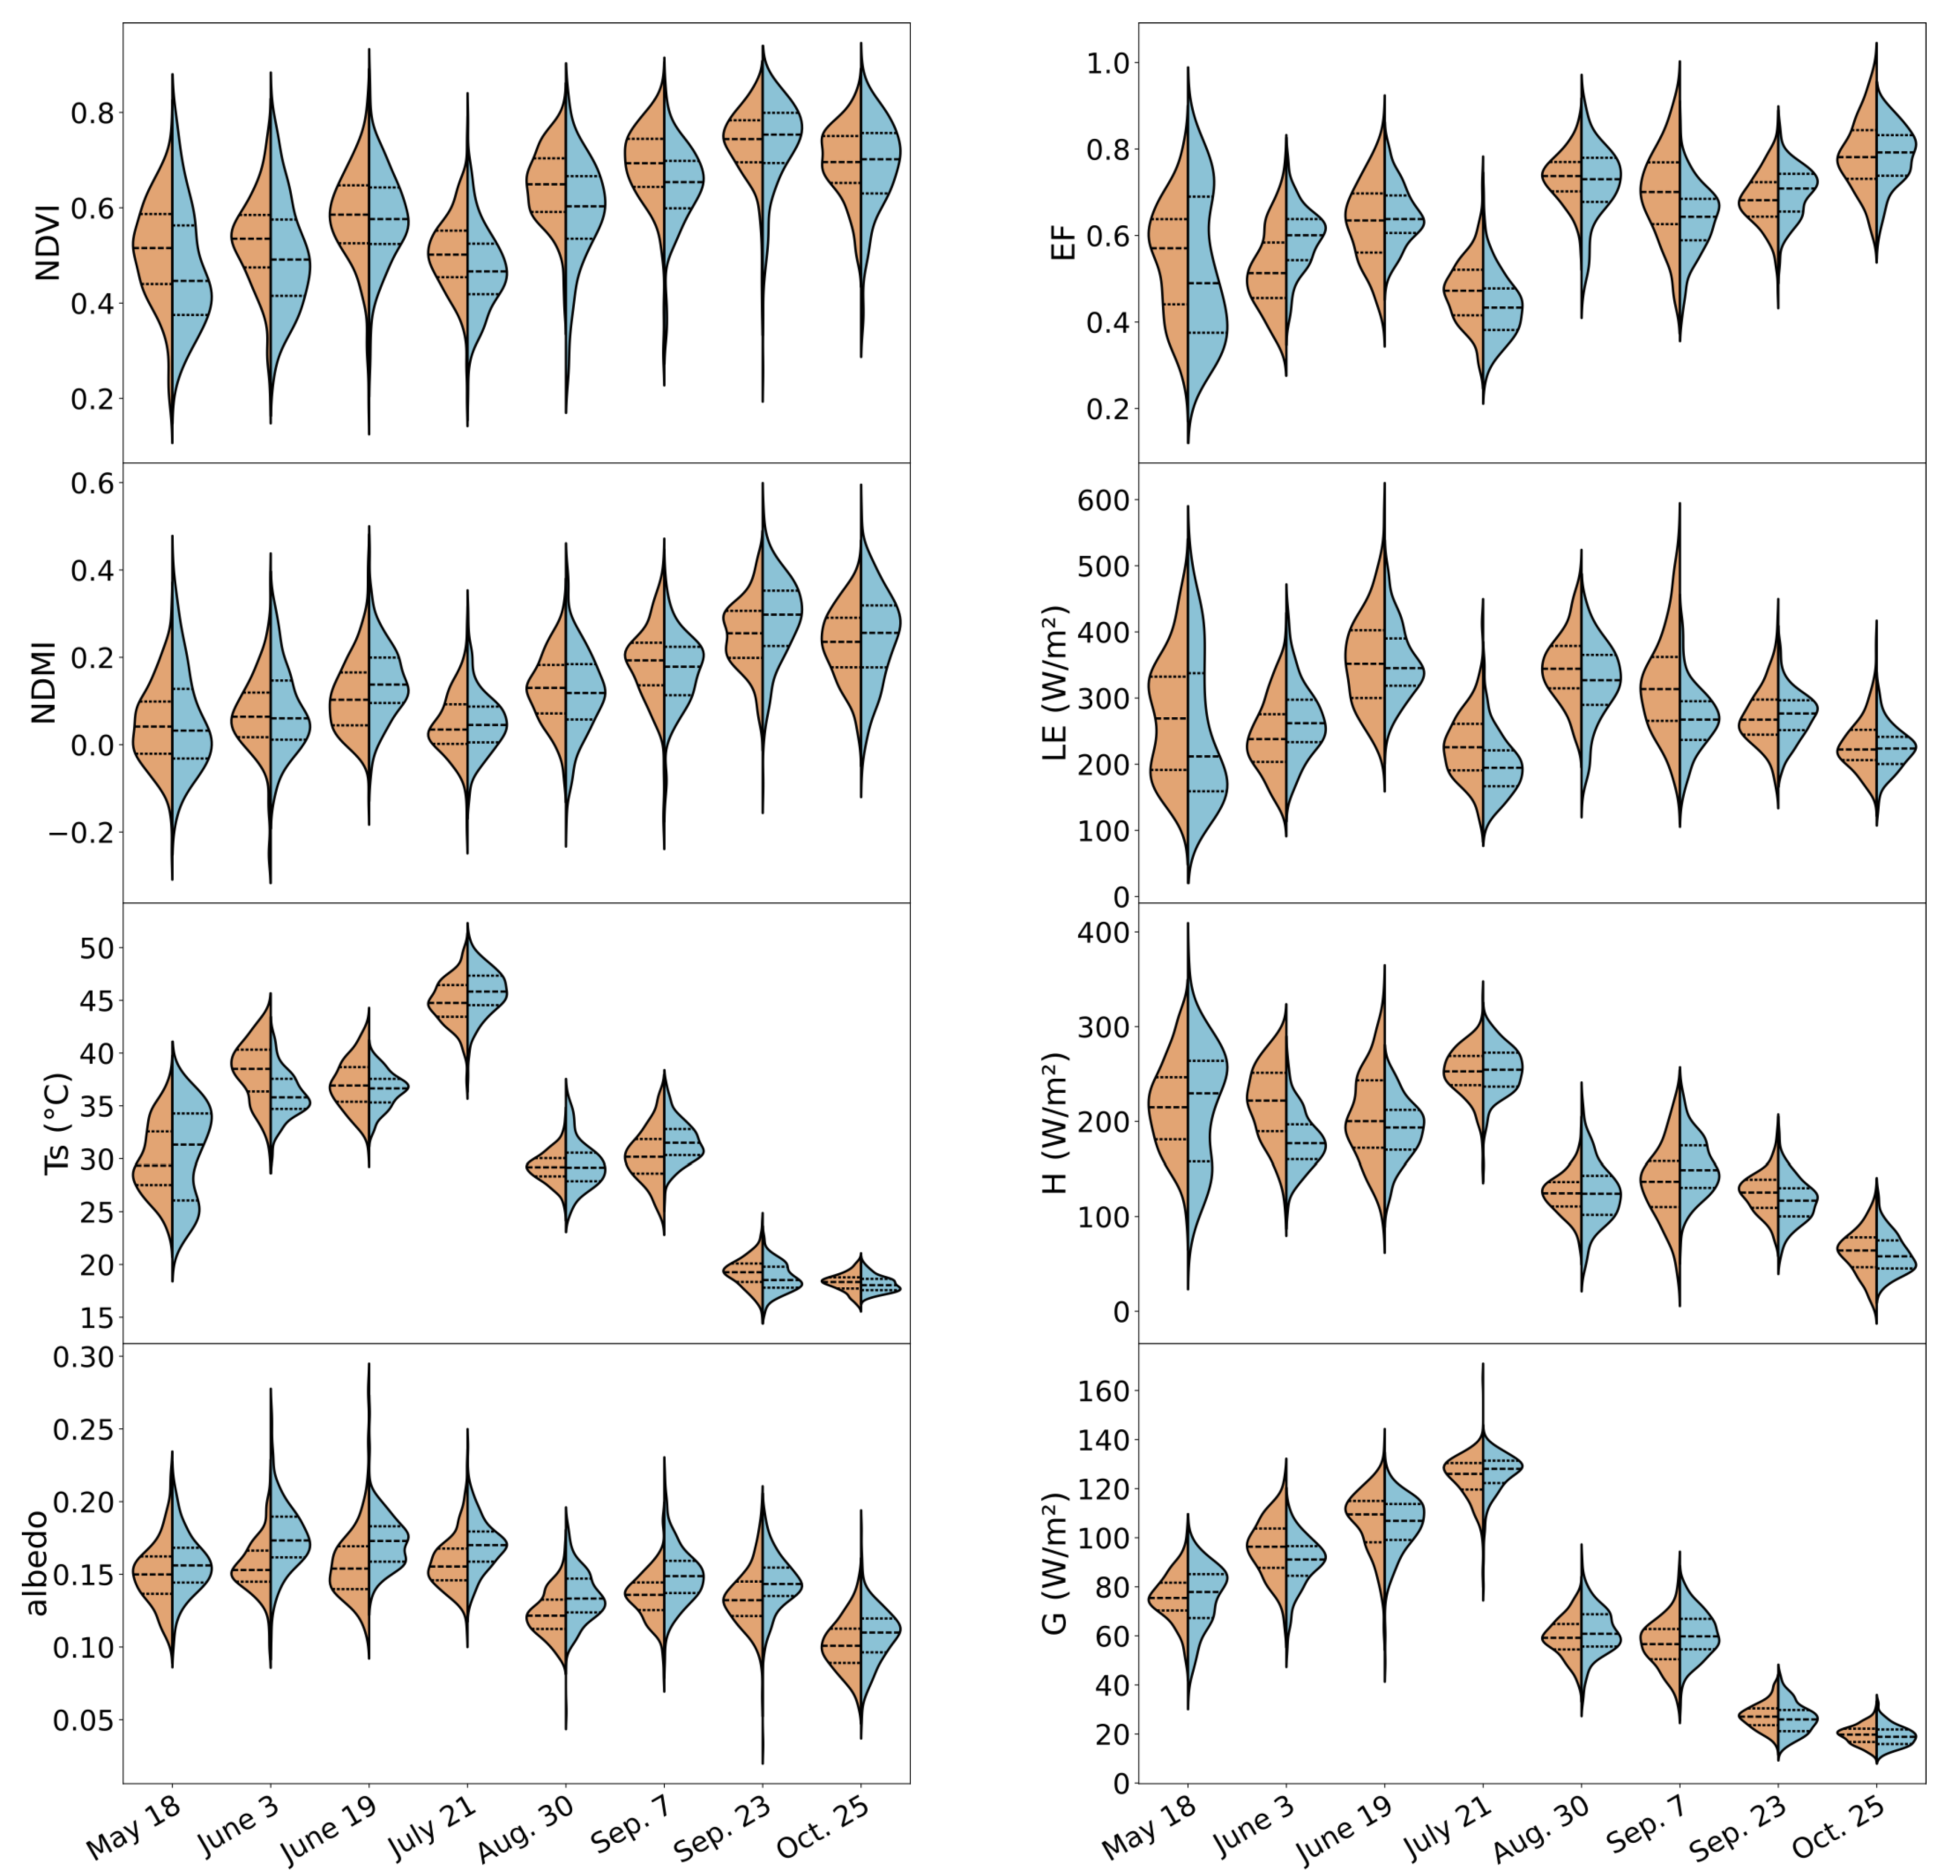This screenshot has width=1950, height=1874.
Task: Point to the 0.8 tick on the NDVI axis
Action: (93, 112)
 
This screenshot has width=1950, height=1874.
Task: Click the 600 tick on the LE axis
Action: (1102, 500)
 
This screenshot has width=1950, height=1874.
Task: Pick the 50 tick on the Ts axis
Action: (97, 948)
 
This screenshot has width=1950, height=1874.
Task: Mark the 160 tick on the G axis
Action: (1102, 1391)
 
